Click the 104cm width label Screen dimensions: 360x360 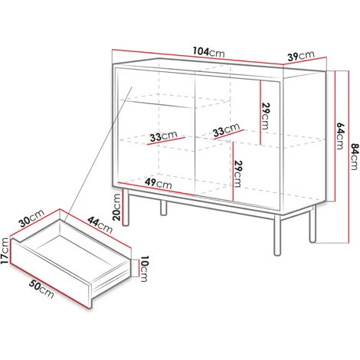[x=209, y=52]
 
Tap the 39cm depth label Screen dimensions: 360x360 [x=301, y=56]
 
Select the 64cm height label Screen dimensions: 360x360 [x=341, y=136]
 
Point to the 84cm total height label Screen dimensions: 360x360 [x=355, y=157]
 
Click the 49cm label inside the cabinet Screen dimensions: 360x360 [x=159, y=183]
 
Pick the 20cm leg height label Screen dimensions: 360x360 [x=116, y=207]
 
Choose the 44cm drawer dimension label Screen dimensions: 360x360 [x=100, y=224]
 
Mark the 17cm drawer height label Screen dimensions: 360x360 [x=5, y=250]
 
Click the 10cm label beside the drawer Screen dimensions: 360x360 [x=144, y=269]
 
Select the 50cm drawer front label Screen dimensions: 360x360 [x=41, y=289]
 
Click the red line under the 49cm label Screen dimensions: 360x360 [x=156, y=189]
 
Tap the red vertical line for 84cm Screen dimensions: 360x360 [x=349, y=157]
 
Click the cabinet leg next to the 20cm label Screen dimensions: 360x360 [x=126, y=208]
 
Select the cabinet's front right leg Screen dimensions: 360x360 [x=277, y=235]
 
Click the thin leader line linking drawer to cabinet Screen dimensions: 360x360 [x=98, y=154]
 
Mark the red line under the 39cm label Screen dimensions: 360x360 [x=305, y=61]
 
